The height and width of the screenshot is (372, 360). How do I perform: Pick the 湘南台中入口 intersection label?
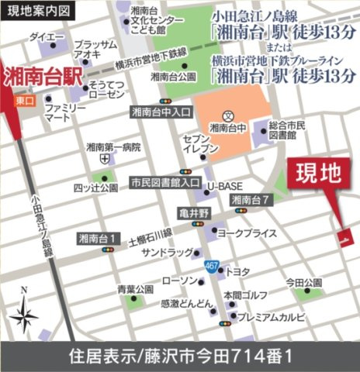pyautogui.click(x=161, y=112)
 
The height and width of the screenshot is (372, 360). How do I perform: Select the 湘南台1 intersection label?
pyautogui.click(x=99, y=238)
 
